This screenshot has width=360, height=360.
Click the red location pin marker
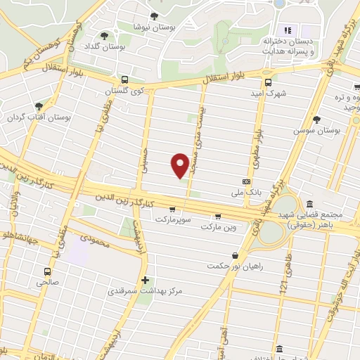click(x=180, y=165)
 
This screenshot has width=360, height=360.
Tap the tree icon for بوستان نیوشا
click(x=154, y=16)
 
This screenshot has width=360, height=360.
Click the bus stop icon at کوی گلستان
click(x=124, y=79)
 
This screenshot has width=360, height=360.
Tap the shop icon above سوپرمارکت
click(x=172, y=209)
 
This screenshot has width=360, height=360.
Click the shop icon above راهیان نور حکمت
click(x=234, y=255)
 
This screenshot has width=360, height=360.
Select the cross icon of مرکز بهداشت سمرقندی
click(x=146, y=280)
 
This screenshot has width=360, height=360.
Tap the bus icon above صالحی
click(x=47, y=271)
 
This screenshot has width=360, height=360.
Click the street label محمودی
click(x=95, y=240)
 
